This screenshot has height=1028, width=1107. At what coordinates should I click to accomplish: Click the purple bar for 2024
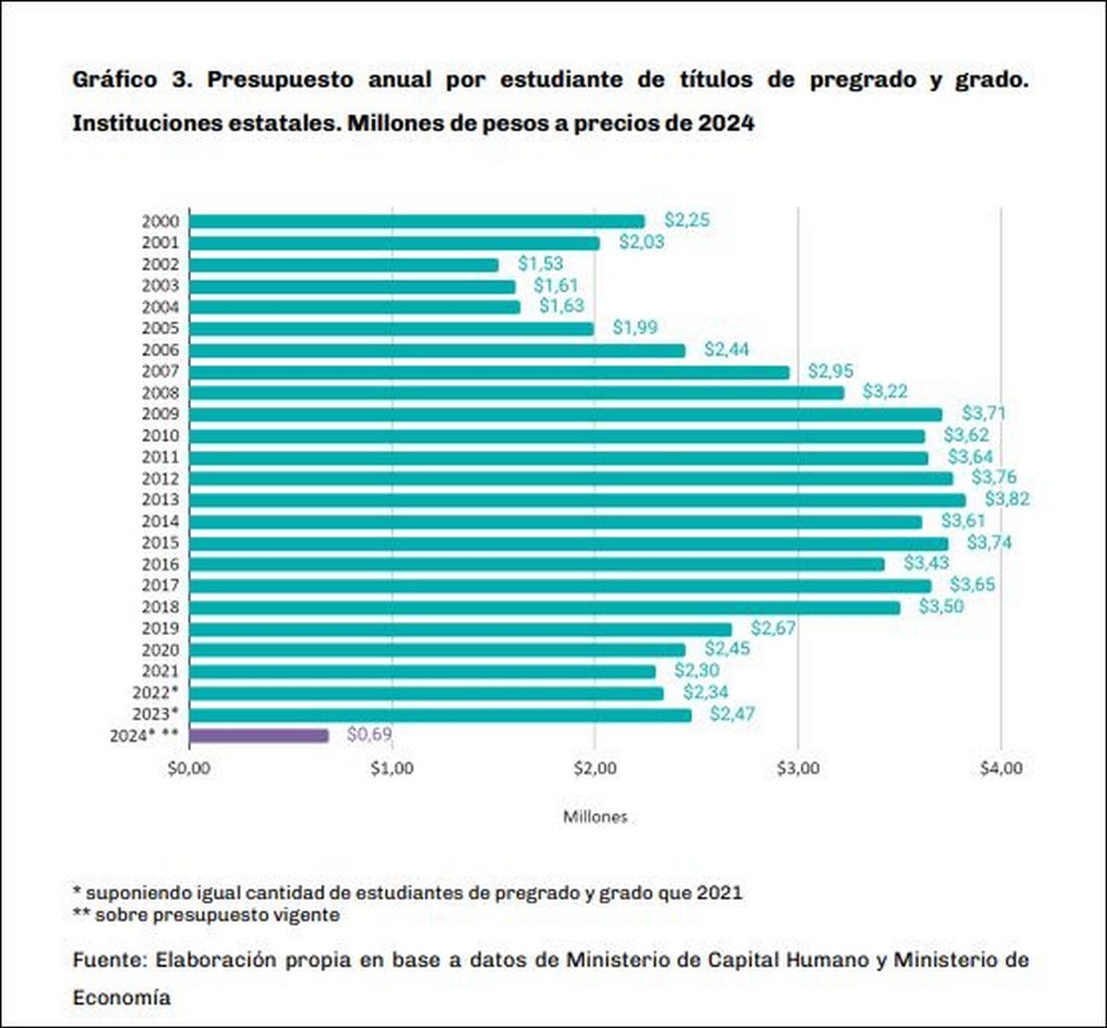[259, 735]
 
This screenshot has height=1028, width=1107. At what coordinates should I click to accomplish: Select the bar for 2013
[577, 500]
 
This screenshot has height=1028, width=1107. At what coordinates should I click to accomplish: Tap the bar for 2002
[343, 265]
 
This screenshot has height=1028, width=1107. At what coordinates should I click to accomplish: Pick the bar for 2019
[460, 629]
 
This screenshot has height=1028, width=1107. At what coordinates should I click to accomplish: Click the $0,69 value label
[370, 734]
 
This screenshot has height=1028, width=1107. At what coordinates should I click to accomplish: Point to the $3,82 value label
[1007, 498]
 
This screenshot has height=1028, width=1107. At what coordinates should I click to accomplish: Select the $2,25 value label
[686, 220]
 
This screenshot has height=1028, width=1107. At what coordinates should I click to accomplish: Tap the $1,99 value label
[634, 327]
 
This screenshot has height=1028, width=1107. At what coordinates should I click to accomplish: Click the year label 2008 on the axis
[160, 393]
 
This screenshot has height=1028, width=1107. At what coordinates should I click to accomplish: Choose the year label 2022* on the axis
[155, 692]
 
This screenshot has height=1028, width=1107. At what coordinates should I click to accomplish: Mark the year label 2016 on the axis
[160, 564]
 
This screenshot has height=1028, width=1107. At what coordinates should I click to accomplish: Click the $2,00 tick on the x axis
[594, 768]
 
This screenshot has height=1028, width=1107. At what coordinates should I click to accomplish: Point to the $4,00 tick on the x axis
[1001, 768]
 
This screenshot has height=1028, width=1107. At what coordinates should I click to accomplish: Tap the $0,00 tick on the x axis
[188, 768]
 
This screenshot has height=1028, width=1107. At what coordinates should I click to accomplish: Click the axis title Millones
[594, 817]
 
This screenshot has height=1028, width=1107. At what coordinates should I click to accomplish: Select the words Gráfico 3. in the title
[128, 80]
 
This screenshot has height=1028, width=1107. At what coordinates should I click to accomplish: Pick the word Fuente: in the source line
[109, 960]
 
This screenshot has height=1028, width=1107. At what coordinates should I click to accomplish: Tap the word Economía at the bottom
[121, 997]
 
